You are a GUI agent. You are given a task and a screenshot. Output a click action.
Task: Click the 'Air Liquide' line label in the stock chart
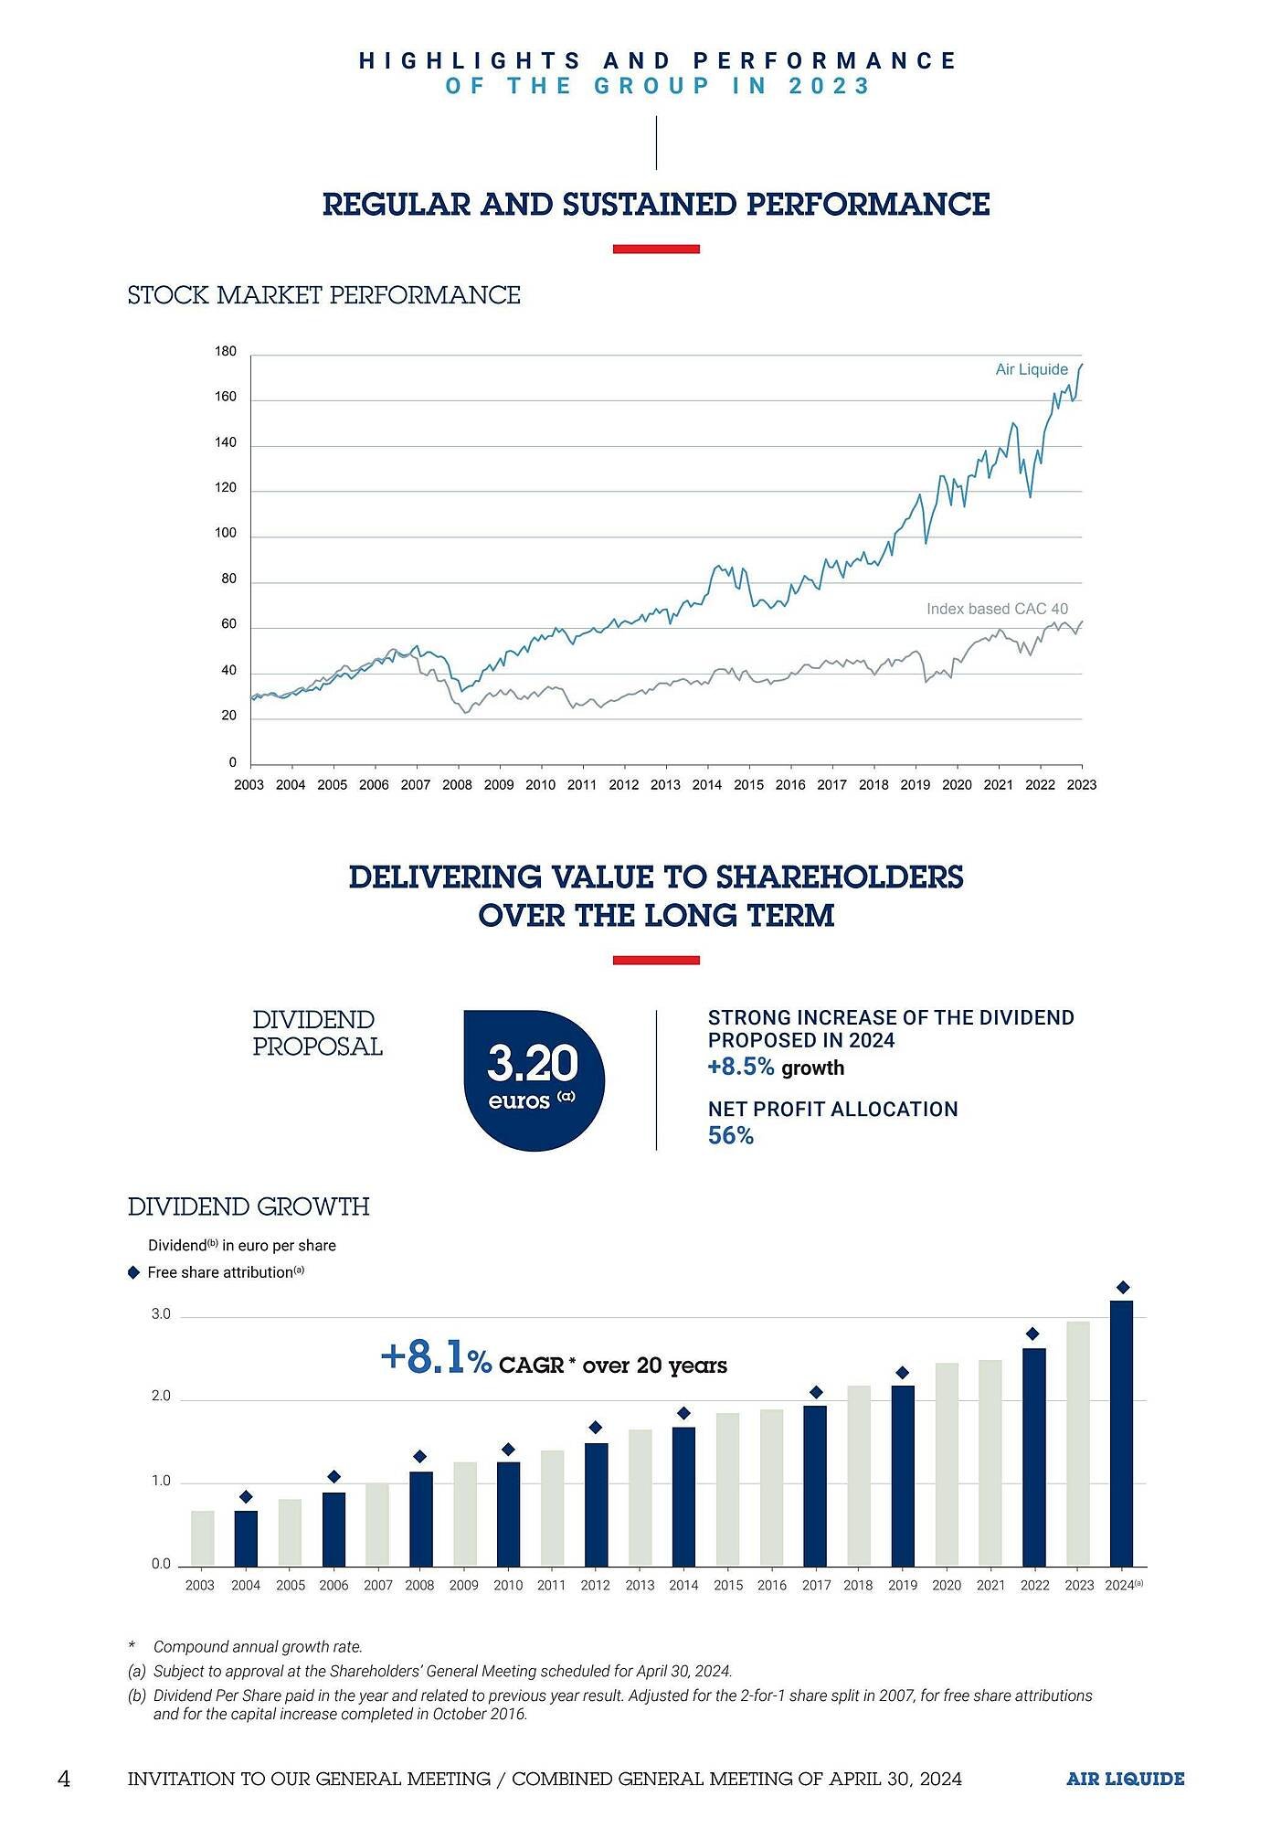pos(1032,369)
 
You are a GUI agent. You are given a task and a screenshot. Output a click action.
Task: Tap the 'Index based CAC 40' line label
pos(997,609)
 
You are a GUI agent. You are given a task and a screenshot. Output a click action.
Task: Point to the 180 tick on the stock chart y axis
pos(226,352)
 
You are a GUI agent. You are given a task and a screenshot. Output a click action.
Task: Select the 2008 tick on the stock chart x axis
pos(457,784)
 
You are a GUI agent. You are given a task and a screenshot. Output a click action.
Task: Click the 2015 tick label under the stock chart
pos(748,784)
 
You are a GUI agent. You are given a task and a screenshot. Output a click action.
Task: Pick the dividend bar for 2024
pos(1121,1433)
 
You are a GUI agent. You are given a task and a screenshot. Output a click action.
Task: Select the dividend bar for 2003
pos(202,1538)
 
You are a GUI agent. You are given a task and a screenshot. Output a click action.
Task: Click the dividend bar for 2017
pos(815,1486)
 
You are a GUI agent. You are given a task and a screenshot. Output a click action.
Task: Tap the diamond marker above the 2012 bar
pos(596,1427)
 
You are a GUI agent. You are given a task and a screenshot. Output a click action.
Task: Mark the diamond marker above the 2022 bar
pos(1032,1334)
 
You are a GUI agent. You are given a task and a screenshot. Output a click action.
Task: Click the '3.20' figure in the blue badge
pos(533,1063)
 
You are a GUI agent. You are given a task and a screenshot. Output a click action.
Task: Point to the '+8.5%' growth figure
pos(741,1068)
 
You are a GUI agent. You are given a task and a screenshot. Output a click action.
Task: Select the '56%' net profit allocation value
pos(731,1136)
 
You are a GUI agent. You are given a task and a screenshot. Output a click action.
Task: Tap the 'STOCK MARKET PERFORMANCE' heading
pos(323,295)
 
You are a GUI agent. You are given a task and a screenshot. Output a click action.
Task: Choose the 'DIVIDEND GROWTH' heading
pos(249,1206)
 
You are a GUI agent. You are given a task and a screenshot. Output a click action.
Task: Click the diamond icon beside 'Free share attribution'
pos(133,1272)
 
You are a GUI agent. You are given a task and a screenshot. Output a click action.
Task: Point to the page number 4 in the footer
pos(63,1779)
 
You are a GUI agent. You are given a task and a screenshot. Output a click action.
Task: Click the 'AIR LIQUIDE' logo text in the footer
pos(1125,1779)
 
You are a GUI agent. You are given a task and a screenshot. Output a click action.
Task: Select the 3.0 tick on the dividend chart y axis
pos(161,1314)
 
